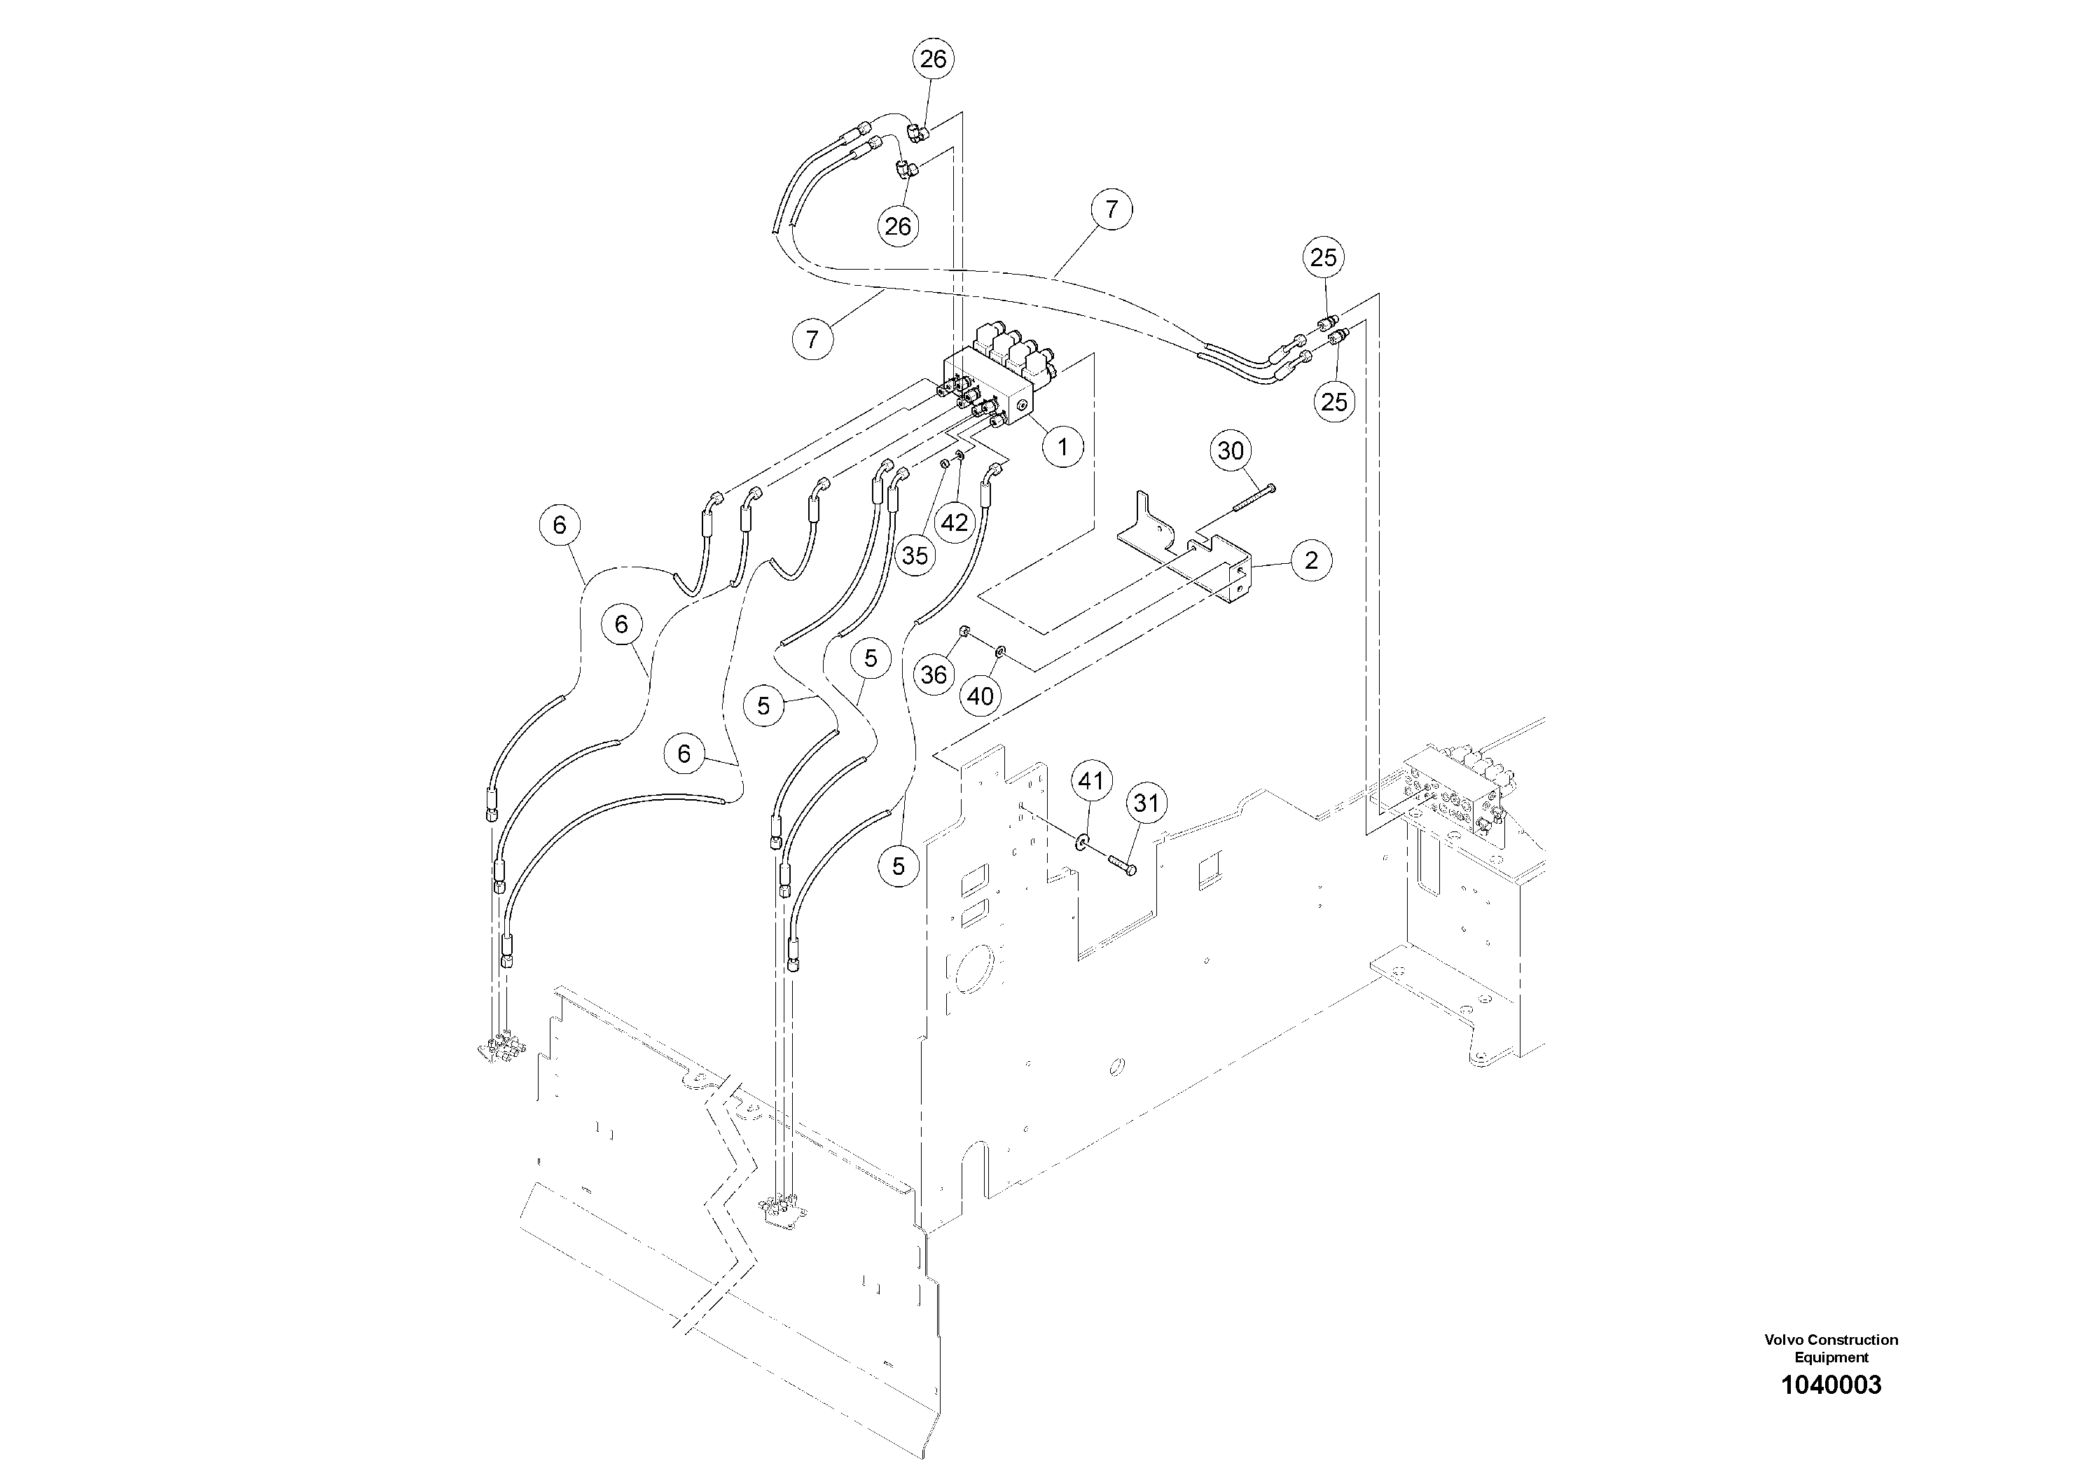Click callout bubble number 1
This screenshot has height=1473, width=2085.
[x=1062, y=446]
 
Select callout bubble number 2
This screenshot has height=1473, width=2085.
[x=1310, y=560]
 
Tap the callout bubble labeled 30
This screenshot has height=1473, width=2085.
[x=1231, y=450]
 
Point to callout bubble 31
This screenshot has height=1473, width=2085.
[x=1147, y=803]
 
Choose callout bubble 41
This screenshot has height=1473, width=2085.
[x=1090, y=781]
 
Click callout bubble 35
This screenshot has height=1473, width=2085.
[x=915, y=555]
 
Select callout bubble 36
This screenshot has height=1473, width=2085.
[x=934, y=674]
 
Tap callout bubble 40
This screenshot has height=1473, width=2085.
[x=981, y=696]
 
